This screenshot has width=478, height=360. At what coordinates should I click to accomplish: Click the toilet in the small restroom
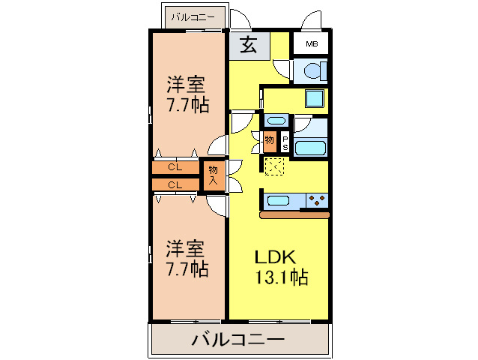pos(309,71)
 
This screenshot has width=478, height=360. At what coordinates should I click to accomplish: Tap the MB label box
pos(309,44)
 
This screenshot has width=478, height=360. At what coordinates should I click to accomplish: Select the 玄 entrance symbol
pos(249,45)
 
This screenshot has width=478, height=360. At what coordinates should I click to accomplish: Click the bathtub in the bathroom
pos(310,146)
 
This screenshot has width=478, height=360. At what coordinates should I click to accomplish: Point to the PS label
pos(285,142)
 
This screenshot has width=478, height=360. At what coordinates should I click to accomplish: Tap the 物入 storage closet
pos(214,175)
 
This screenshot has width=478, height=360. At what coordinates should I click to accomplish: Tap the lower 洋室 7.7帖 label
pos(187,258)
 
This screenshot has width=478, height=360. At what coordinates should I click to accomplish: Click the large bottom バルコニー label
pos(238,340)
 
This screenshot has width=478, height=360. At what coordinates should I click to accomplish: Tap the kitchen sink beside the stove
pos(279,200)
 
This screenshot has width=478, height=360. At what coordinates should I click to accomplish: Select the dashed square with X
pos(274,166)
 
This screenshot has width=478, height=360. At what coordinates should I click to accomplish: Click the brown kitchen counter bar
pos(294,216)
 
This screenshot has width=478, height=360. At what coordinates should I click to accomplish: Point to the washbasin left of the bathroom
pos(276,120)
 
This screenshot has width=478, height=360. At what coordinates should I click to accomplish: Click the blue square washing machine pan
pos(315,99)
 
